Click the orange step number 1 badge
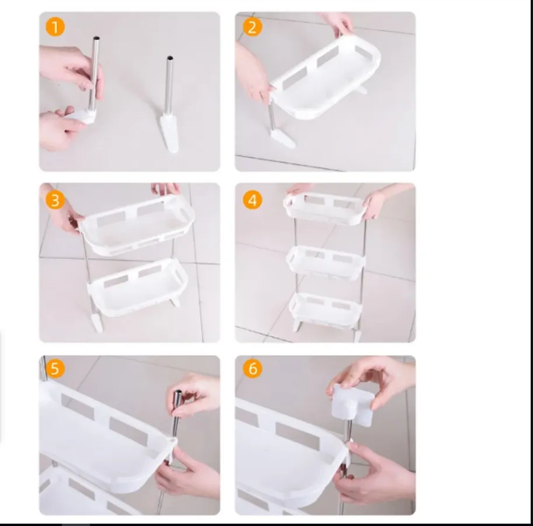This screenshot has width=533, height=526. [55, 27]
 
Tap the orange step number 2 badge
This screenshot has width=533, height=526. [252, 27]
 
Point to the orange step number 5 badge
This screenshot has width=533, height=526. [55, 368]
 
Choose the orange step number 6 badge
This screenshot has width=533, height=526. [252, 368]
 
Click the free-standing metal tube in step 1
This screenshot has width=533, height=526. [169, 86]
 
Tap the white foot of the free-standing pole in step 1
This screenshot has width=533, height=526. [169, 133]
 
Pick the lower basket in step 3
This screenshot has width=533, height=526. [138, 288]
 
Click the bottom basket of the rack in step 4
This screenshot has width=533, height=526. [325, 310]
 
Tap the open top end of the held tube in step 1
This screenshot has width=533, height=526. [96, 38]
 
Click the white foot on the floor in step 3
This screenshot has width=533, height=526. [96, 322]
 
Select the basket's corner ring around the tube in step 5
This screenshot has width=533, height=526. [172, 441]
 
